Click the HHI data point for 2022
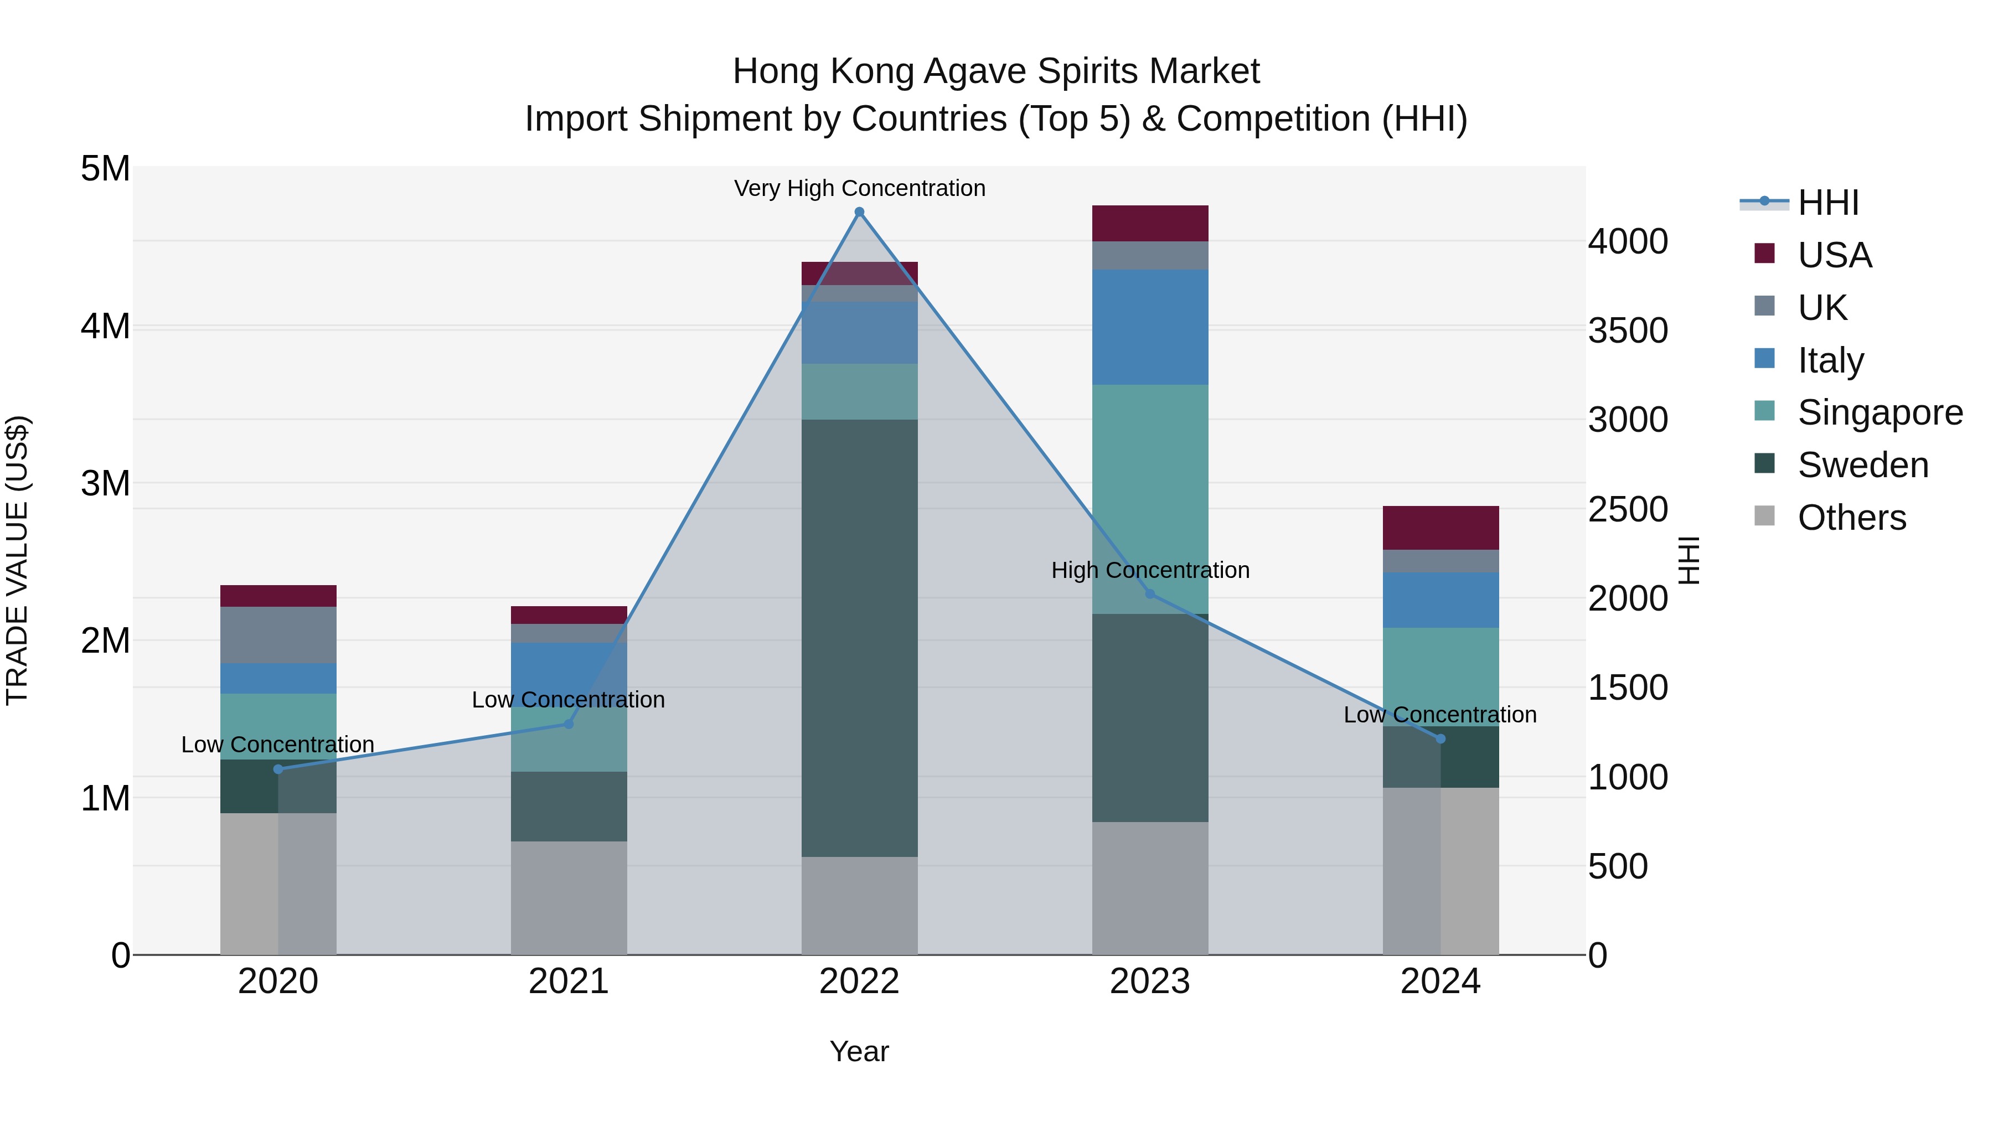click(859, 212)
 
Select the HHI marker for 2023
click(1150, 594)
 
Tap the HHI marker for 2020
click(278, 769)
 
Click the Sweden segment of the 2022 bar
click(859, 638)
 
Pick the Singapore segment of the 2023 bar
click(1150, 499)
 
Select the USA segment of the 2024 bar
click(1440, 528)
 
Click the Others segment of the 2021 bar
click(569, 897)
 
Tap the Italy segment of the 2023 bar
click(1150, 327)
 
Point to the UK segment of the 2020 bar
click(278, 634)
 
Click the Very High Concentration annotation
click(859, 188)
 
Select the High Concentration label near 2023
click(1150, 570)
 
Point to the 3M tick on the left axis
click(105, 483)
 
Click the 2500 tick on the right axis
click(1628, 509)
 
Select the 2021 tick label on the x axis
click(569, 981)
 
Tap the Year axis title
click(859, 1051)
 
